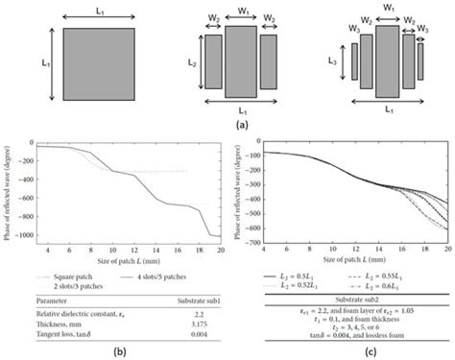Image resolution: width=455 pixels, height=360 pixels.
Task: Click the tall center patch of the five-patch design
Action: (x=387, y=60)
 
